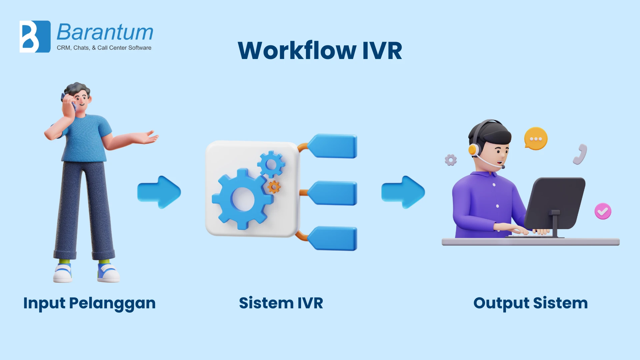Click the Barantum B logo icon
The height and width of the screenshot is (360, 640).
pyautogui.click(x=35, y=37)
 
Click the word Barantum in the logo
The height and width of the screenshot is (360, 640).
pyautogui.click(x=105, y=32)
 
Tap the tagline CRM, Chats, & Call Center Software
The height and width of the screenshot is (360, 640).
pyautogui.click(x=104, y=48)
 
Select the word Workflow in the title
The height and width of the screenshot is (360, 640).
pyautogui.click(x=297, y=51)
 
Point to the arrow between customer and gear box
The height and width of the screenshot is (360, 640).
pyautogui.click(x=159, y=192)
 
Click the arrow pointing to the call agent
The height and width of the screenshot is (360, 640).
pyautogui.click(x=403, y=192)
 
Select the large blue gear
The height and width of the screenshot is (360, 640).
pyautogui.click(x=242, y=199)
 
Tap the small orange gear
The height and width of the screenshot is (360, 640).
pyautogui.click(x=274, y=187)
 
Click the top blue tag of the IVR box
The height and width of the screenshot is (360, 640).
pyautogui.click(x=333, y=146)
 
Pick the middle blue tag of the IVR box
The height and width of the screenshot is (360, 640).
pyautogui.click(x=333, y=193)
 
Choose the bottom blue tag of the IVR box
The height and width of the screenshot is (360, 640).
pyautogui.click(x=333, y=238)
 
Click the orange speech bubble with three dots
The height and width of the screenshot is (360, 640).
pyautogui.click(x=536, y=138)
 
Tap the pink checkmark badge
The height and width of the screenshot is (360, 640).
pyautogui.click(x=603, y=211)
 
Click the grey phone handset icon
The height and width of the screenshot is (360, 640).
pyautogui.click(x=580, y=154)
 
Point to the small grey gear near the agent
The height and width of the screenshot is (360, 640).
pyautogui.click(x=451, y=160)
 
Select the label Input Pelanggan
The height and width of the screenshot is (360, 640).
pyautogui.click(x=89, y=303)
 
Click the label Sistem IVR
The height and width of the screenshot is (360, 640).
pyautogui.click(x=281, y=303)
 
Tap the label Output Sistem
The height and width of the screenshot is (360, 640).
pyautogui.click(x=530, y=303)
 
